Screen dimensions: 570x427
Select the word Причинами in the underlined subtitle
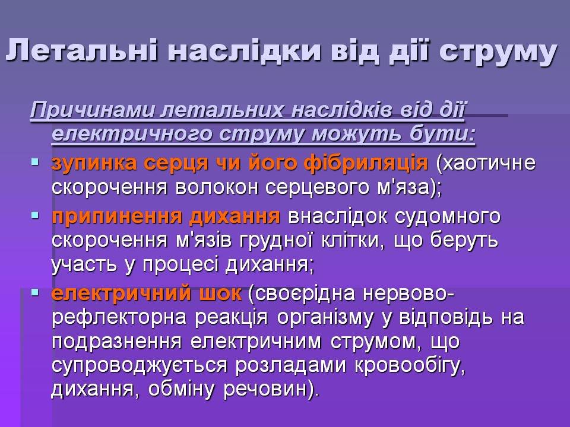tap(93, 109)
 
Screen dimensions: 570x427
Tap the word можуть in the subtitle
tap(357, 133)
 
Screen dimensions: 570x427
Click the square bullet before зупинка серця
tap(35, 161)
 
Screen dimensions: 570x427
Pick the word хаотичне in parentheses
tap(486, 163)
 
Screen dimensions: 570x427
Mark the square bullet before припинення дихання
tap(35, 216)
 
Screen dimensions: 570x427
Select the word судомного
tap(447, 217)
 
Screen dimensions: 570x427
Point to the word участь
tap(84, 265)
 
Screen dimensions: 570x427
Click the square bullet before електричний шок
tap(35, 292)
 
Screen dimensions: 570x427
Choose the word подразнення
tap(116, 342)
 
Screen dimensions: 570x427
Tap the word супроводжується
tap(139, 366)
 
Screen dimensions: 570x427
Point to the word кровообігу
tap(409, 366)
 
